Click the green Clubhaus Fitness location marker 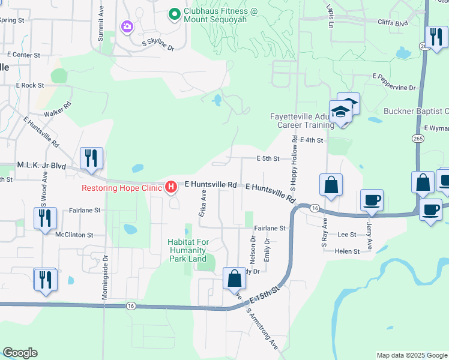click(x=175, y=13)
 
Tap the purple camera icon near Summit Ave click(x=127, y=26)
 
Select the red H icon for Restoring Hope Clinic click(x=171, y=187)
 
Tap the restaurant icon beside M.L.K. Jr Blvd click(x=91, y=158)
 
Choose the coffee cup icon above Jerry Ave click(x=372, y=200)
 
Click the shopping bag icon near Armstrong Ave click(x=234, y=278)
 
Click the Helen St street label click(x=348, y=251)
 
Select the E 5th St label click(x=268, y=159)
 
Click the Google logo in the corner click(x=20, y=353)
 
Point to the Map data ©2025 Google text click(x=411, y=355)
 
